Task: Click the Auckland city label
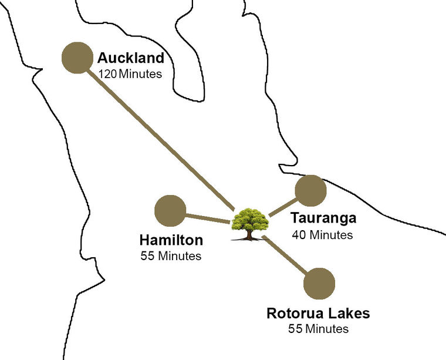coord(130,59)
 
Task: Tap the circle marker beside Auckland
coord(77,58)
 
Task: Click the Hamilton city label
coord(171,240)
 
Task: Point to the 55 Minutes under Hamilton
coord(171,256)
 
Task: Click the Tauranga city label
coord(323,218)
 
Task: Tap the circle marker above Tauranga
coord(310,190)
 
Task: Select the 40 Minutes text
coord(322,235)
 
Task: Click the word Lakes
coord(349,313)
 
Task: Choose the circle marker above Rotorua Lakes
coord(319,283)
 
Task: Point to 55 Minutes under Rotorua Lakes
coord(318,328)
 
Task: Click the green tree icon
coord(250,221)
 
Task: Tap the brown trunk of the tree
coord(249,235)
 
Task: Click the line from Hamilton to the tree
coord(207,218)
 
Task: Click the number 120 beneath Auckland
coord(108,75)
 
